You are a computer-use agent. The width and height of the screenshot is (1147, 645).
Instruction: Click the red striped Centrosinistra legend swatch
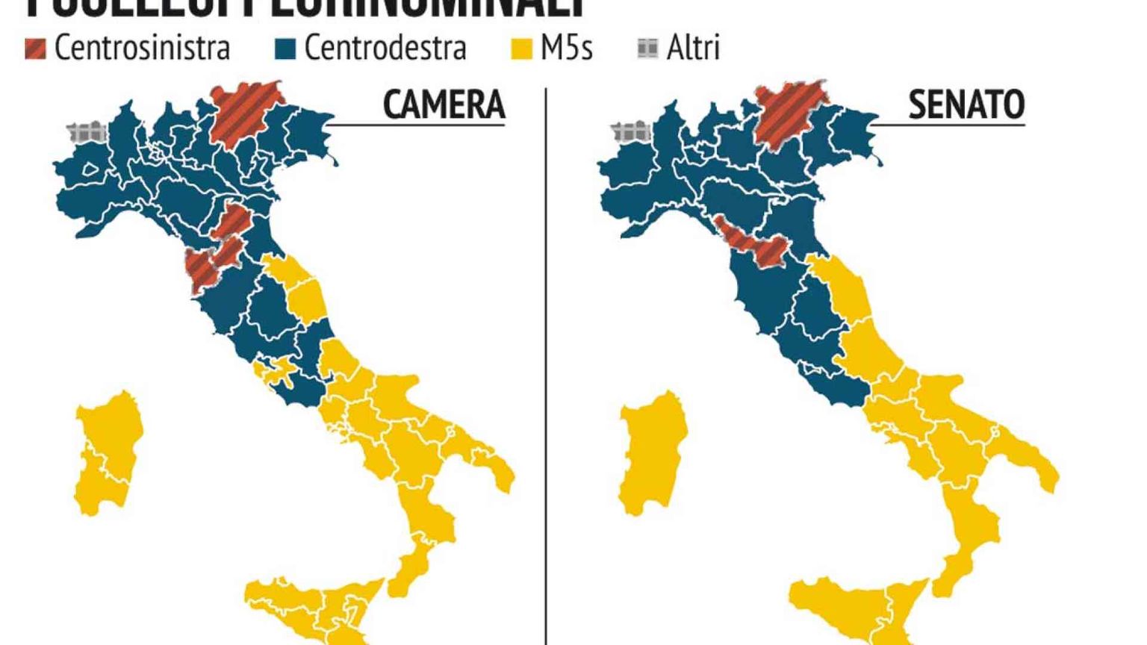tap(35, 49)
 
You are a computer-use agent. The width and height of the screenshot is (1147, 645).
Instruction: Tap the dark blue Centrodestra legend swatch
tap(285, 49)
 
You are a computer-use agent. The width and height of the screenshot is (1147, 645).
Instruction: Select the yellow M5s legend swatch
tap(520, 49)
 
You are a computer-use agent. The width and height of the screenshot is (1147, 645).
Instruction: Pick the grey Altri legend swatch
tap(647, 49)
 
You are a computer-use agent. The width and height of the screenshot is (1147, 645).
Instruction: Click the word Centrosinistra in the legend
tap(142, 49)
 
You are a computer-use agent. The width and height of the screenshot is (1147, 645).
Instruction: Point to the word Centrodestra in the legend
tap(385, 49)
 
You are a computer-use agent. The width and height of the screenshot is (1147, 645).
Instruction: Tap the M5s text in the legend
tap(567, 49)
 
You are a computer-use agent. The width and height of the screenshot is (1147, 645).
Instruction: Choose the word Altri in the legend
tap(693, 49)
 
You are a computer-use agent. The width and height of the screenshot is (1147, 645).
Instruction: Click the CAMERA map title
tap(444, 105)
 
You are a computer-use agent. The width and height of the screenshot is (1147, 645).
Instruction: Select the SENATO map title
tap(966, 105)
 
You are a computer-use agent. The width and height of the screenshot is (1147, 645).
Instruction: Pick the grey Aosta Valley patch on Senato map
tap(632, 134)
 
